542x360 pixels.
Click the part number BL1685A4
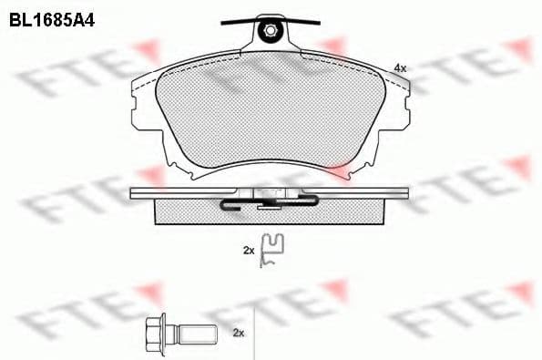tap(52, 21)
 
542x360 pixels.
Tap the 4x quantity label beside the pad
tap(400, 68)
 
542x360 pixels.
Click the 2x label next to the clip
tap(249, 251)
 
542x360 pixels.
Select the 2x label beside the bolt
tap(239, 333)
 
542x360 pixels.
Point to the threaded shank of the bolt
tap(199, 333)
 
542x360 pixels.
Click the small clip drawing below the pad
tap(271, 251)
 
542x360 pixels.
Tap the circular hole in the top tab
tap(270, 31)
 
